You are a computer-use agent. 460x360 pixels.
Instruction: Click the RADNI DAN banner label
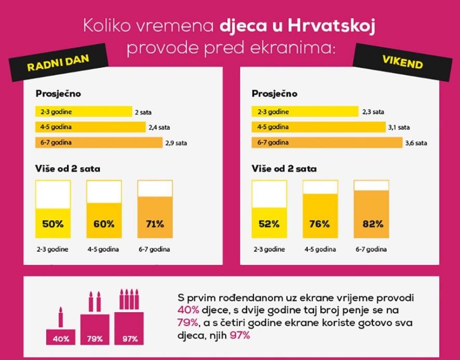58,64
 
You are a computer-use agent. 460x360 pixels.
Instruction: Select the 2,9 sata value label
175,143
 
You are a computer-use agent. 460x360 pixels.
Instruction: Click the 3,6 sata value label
416,143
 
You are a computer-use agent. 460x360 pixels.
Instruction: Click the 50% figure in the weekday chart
52,224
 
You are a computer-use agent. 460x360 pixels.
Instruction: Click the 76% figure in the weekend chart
319,224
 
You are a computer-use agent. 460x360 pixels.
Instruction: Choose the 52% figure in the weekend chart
269,224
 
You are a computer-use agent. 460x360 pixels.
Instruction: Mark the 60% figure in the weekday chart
104,224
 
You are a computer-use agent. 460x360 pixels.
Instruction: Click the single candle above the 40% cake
60,317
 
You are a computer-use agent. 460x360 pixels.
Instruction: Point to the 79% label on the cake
93,339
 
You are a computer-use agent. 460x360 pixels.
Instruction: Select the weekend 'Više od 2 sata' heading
284,169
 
